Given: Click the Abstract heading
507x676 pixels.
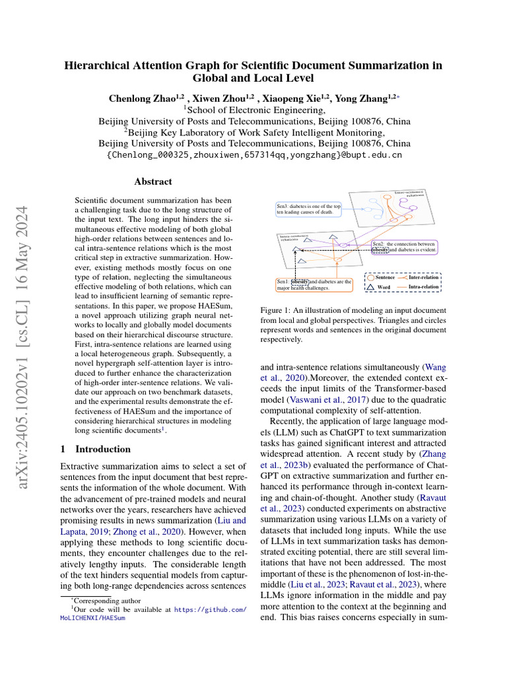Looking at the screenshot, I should point(153,182).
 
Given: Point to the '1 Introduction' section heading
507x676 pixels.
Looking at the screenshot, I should point(95,449).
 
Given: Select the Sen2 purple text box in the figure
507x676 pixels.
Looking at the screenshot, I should point(404,247).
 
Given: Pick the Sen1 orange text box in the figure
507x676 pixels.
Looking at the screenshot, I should point(314,285).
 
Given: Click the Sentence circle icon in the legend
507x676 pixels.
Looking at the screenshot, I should point(370,278).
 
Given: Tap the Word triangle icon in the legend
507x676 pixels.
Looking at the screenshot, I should point(370,288).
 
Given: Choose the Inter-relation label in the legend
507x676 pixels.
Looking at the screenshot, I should point(423,278).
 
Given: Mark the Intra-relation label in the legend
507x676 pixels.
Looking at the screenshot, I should point(423,288).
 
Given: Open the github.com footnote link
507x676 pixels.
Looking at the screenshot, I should point(211,611).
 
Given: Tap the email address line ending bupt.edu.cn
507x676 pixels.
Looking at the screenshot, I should point(254,155).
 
